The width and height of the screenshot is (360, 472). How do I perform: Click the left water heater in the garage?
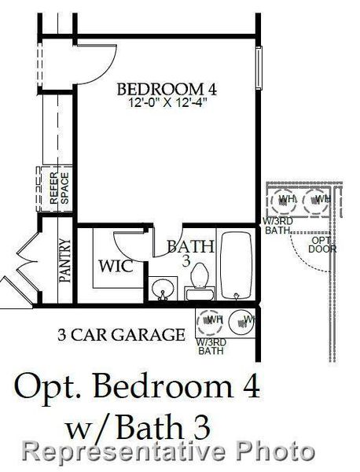211,320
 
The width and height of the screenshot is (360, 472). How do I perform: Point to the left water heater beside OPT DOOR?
285,200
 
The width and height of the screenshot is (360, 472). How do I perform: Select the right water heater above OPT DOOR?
318,200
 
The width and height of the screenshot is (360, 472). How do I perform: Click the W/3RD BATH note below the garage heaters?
210,347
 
